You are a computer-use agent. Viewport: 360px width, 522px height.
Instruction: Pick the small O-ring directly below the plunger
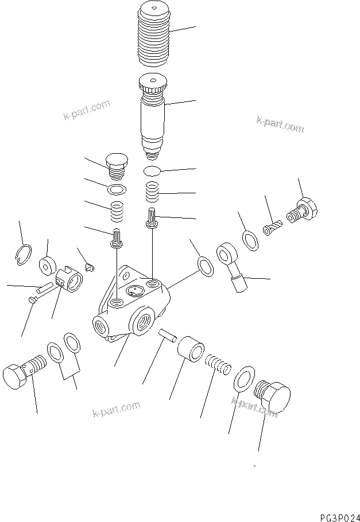pyautogui.click(x=152, y=170)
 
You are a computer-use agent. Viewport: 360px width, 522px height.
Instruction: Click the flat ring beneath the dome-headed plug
pyautogui.click(x=117, y=189)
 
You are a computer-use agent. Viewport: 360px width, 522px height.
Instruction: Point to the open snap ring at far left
pyautogui.click(x=24, y=254)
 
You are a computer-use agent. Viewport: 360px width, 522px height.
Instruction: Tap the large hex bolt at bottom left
pyautogui.click(x=23, y=376)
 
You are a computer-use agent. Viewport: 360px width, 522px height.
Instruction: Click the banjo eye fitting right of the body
pyautogui.click(x=229, y=259)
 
